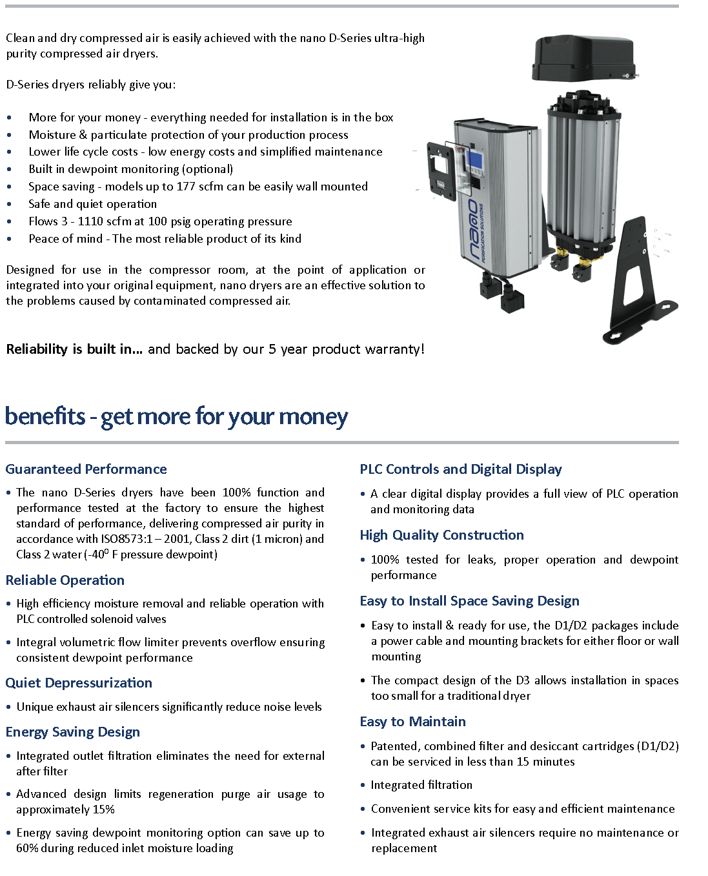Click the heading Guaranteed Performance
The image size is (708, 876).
pos(86,469)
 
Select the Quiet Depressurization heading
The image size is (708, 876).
pos(79,683)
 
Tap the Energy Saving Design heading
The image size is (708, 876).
pos(73,732)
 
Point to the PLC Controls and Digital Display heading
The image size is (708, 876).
pos(461,469)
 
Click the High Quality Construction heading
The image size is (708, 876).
pos(442,535)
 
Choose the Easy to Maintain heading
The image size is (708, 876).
pos(413,722)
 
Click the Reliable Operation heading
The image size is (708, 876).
pos(65,580)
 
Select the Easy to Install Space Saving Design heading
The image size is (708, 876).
pos(470,601)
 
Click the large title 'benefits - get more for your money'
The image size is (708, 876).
pos(176,416)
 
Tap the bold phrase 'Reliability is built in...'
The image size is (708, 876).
pos(74,349)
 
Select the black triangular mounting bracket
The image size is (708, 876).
pos(640,284)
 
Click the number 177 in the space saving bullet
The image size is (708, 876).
pos(186,187)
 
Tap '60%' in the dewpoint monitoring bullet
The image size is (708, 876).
pos(28,848)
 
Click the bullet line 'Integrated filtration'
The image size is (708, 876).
pos(421,785)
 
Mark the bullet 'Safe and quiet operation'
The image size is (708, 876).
pos(93,204)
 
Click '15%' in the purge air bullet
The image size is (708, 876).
pos(104,810)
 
